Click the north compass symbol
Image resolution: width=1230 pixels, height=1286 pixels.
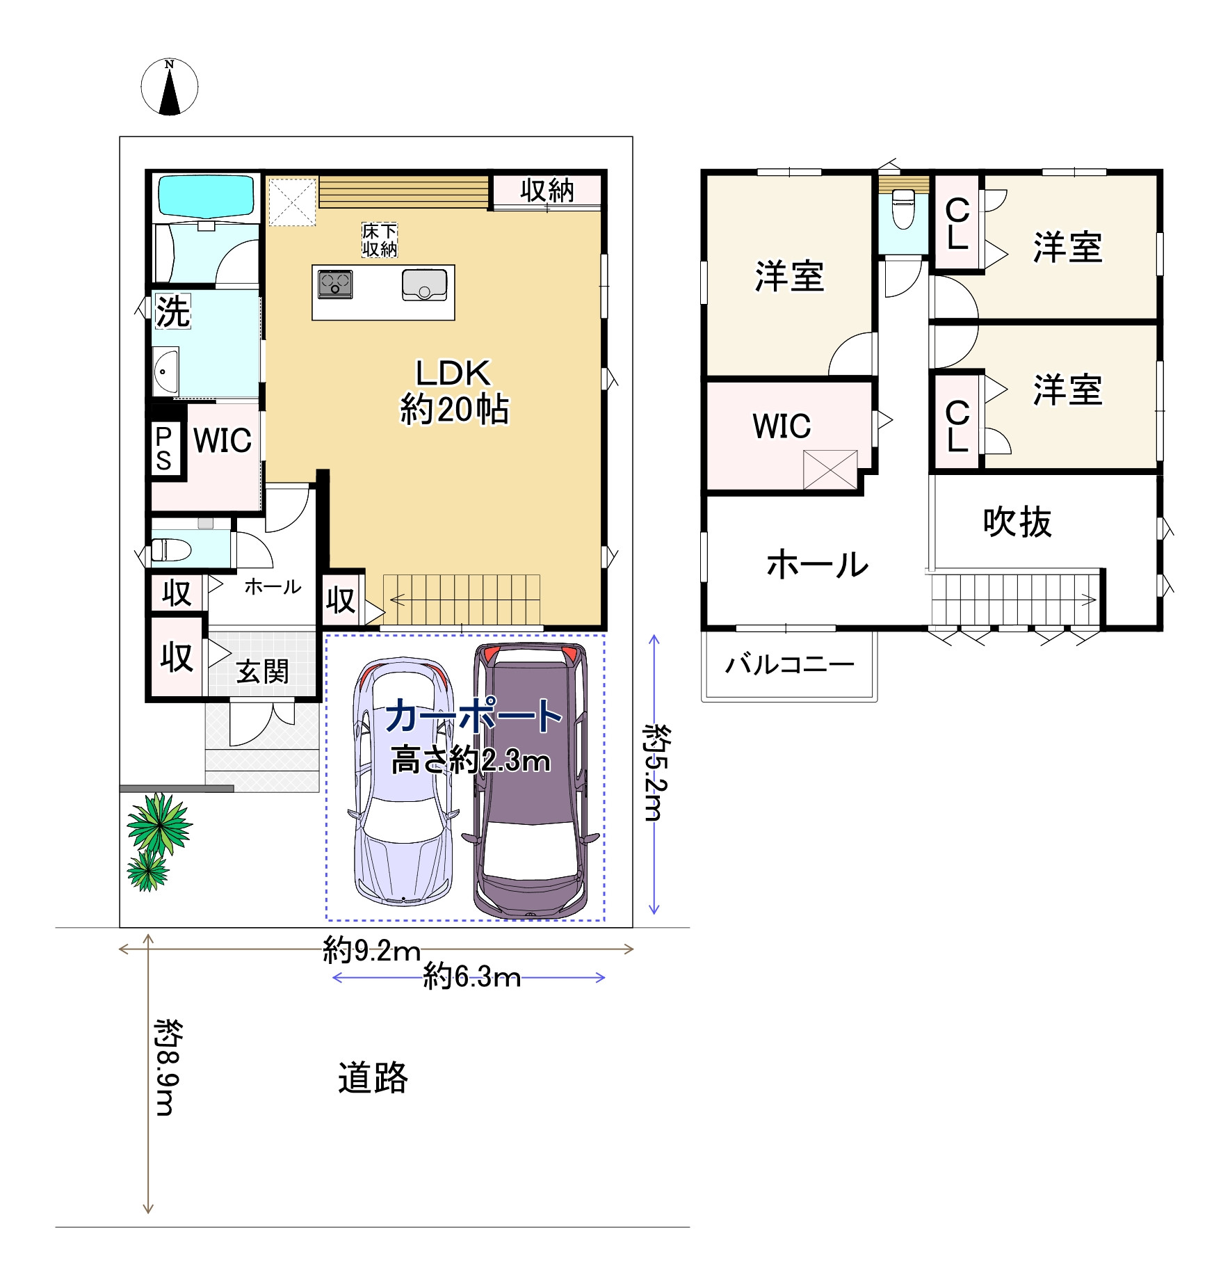(170, 87)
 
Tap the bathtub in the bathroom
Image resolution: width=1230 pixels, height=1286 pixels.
(206, 196)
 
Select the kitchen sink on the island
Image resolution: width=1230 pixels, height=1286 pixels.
(424, 285)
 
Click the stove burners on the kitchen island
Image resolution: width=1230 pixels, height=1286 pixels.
(335, 284)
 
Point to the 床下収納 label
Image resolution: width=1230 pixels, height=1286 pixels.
(380, 240)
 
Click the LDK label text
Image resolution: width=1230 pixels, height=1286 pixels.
(453, 373)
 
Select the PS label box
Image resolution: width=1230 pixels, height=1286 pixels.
(164, 449)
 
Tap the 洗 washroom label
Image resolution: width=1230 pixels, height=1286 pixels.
(172, 311)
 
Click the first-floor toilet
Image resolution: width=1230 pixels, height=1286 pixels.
(171, 549)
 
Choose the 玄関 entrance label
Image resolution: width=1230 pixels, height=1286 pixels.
(262, 672)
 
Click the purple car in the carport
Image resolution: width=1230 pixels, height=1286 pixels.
(530, 782)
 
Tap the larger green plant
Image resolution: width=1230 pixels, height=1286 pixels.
(159, 824)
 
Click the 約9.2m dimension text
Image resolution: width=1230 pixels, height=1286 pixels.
(372, 950)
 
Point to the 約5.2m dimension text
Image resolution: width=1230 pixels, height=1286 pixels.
(656, 772)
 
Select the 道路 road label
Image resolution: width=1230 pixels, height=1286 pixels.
(373, 1077)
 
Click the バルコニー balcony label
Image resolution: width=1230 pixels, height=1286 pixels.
(790, 665)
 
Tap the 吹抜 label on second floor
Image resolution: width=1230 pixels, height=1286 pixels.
(1017, 522)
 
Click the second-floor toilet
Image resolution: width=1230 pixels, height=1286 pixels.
(903, 209)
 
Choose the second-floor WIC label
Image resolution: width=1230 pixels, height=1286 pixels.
(782, 426)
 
